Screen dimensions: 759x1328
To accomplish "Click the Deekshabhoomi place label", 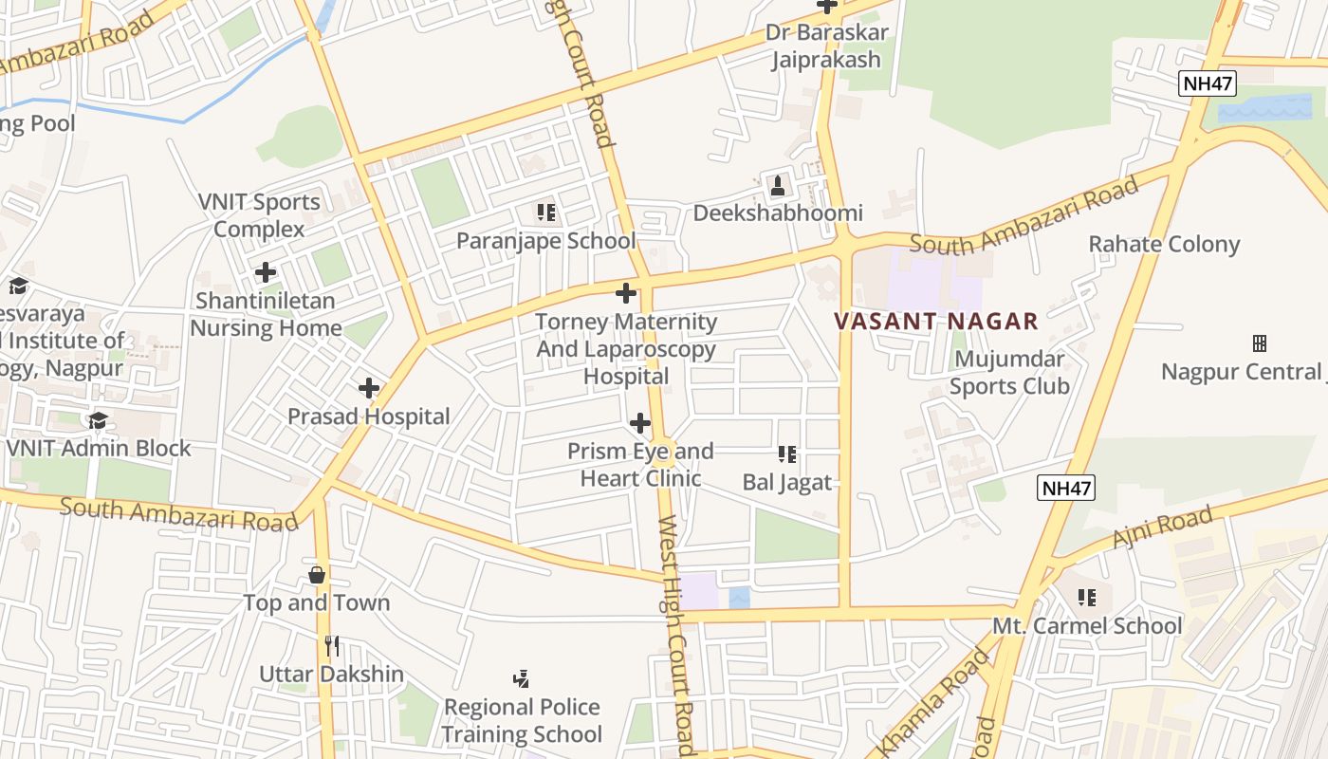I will coord(778,213).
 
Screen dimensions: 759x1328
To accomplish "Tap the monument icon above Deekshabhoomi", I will coord(778,185).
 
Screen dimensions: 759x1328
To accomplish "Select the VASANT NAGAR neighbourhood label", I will coord(936,321).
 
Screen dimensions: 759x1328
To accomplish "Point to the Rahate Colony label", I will coord(1164,244).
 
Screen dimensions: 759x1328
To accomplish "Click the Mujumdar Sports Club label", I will coord(1009,373).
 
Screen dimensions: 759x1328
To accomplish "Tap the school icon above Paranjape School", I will coord(545,212).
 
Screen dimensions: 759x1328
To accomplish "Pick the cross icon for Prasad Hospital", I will coord(369,388).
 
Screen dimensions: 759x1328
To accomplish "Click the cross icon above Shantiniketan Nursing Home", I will coord(266,272).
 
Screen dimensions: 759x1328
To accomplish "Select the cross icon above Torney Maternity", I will coord(626,292).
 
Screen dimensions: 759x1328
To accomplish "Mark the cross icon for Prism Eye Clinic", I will coord(640,422).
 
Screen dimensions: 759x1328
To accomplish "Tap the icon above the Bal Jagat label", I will coord(786,454).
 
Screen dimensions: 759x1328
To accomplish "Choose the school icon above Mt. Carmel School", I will coord(1087,598).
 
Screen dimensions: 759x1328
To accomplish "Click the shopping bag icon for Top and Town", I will coord(317,575).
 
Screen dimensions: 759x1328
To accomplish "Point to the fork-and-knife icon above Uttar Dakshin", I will coord(332,646).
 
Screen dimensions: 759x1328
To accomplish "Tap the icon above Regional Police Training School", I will coord(521,678).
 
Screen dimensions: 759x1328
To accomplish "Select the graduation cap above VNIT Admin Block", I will coord(98,420).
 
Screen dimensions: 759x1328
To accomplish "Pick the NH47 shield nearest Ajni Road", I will coord(1066,488).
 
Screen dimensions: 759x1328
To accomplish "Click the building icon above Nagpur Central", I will coord(1260,342).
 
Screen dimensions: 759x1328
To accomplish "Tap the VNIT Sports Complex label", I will coord(259,215).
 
